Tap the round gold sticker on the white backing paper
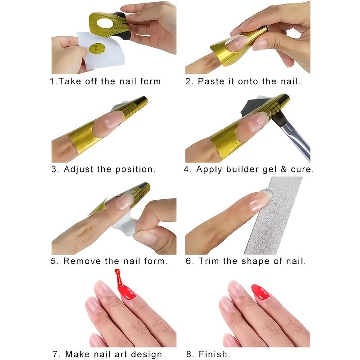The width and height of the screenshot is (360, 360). click(x=97, y=49)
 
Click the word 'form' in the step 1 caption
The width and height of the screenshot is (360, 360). click(x=150, y=81)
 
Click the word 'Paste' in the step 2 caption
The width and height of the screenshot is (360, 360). click(x=211, y=81)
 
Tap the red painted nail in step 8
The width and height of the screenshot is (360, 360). click(x=260, y=292)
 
